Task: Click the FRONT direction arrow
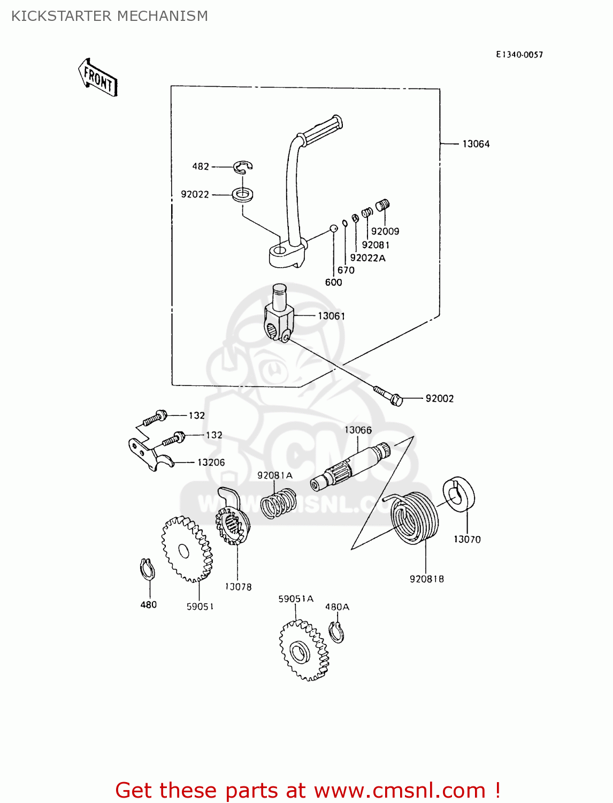98,78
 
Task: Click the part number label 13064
476,144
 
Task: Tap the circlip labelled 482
243,167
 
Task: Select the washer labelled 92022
243,194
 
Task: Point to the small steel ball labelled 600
333,229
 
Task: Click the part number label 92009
385,231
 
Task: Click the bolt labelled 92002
388,396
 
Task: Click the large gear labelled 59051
187,549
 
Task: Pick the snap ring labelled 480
147,569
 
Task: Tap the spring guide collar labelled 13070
458,495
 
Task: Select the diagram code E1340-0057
519,55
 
